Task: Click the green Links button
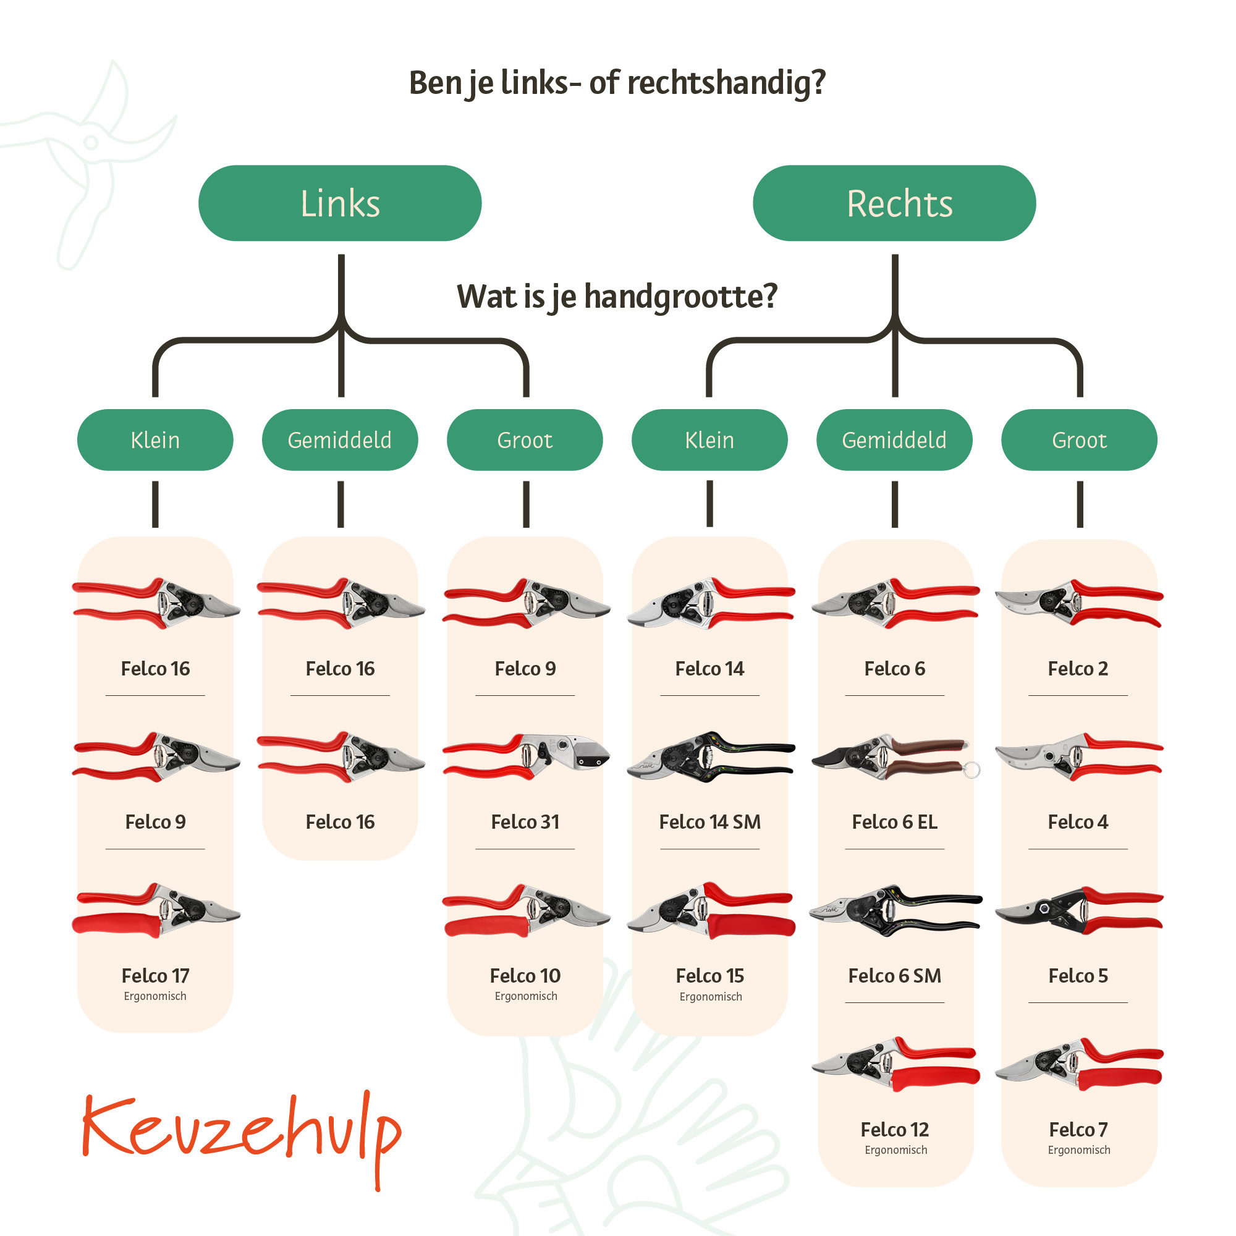pyautogui.click(x=340, y=203)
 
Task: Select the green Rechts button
pyautogui.click(x=894, y=203)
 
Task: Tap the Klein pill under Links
pyautogui.click(x=155, y=440)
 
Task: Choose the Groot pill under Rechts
pyautogui.click(x=1078, y=440)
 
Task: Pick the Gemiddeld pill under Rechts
pyautogui.click(x=894, y=440)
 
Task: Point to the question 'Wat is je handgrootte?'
pyautogui.click(x=617, y=297)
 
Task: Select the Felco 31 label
pyautogui.click(x=525, y=822)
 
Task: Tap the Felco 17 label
pyautogui.click(x=155, y=976)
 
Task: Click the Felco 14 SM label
pyautogui.click(x=709, y=822)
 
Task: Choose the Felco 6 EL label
pyautogui.click(x=894, y=822)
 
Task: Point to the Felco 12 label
pyautogui.click(x=894, y=1130)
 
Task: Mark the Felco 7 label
pyautogui.click(x=1078, y=1130)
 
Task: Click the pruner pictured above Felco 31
pyautogui.click(x=526, y=756)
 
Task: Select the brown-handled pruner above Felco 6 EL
pyautogui.click(x=894, y=757)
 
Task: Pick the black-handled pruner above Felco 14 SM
pyautogui.click(x=710, y=757)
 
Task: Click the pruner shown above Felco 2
pyautogui.click(x=1078, y=603)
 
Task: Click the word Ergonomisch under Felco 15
pyautogui.click(x=710, y=997)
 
